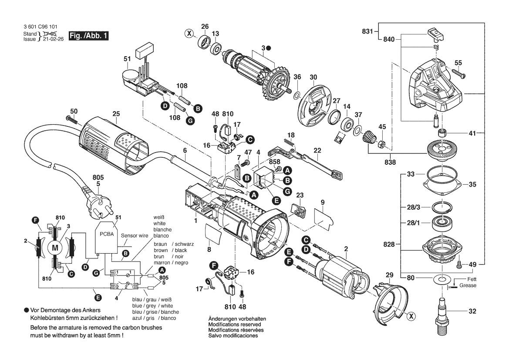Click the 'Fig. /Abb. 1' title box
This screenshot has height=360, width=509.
88,36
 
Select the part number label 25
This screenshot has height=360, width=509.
116,115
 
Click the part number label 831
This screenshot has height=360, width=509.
367,31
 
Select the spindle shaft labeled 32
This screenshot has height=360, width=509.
442,313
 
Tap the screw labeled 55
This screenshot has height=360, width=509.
460,75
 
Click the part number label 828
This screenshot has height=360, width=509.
389,245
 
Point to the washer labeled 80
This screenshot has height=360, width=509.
443,278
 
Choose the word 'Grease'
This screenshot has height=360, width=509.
469,285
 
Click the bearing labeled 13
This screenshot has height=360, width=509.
216,48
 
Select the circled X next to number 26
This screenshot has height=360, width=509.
189,33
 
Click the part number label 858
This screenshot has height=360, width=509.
274,161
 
